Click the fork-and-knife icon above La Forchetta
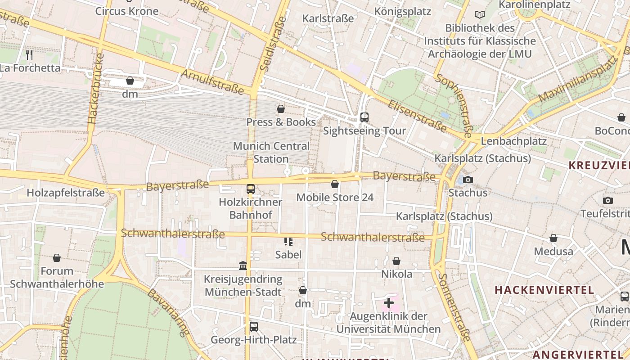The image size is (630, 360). pyautogui.click(x=29, y=55)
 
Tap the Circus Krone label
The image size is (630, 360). pyautogui.click(x=127, y=11)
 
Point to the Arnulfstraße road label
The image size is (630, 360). pyautogui.click(x=212, y=81)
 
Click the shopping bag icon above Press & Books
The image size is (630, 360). pyautogui.click(x=281, y=109)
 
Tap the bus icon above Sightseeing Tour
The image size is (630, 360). pyautogui.click(x=364, y=117)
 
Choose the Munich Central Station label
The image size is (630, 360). pyautogui.click(x=271, y=153)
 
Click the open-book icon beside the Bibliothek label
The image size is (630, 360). pyautogui.click(x=480, y=15)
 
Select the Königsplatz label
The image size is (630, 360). pyautogui.click(x=403, y=11)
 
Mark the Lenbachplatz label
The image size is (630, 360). pyautogui.click(x=513, y=141)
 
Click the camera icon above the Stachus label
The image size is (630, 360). pyautogui.click(x=468, y=180)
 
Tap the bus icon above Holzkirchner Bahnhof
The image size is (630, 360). pyautogui.click(x=251, y=189)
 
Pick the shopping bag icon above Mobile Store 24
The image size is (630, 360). pyautogui.click(x=335, y=184)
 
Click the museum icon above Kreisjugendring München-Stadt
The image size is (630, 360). pyautogui.click(x=243, y=266)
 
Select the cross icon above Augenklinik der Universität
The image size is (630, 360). pyautogui.click(x=389, y=303)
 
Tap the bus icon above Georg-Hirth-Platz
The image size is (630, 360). pyautogui.click(x=254, y=327)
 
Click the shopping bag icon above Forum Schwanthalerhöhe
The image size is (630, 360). pyautogui.click(x=57, y=258)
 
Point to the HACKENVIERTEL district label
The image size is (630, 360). pyautogui.click(x=544, y=290)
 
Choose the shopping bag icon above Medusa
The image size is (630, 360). pyautogui.click(x=553, y=238)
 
